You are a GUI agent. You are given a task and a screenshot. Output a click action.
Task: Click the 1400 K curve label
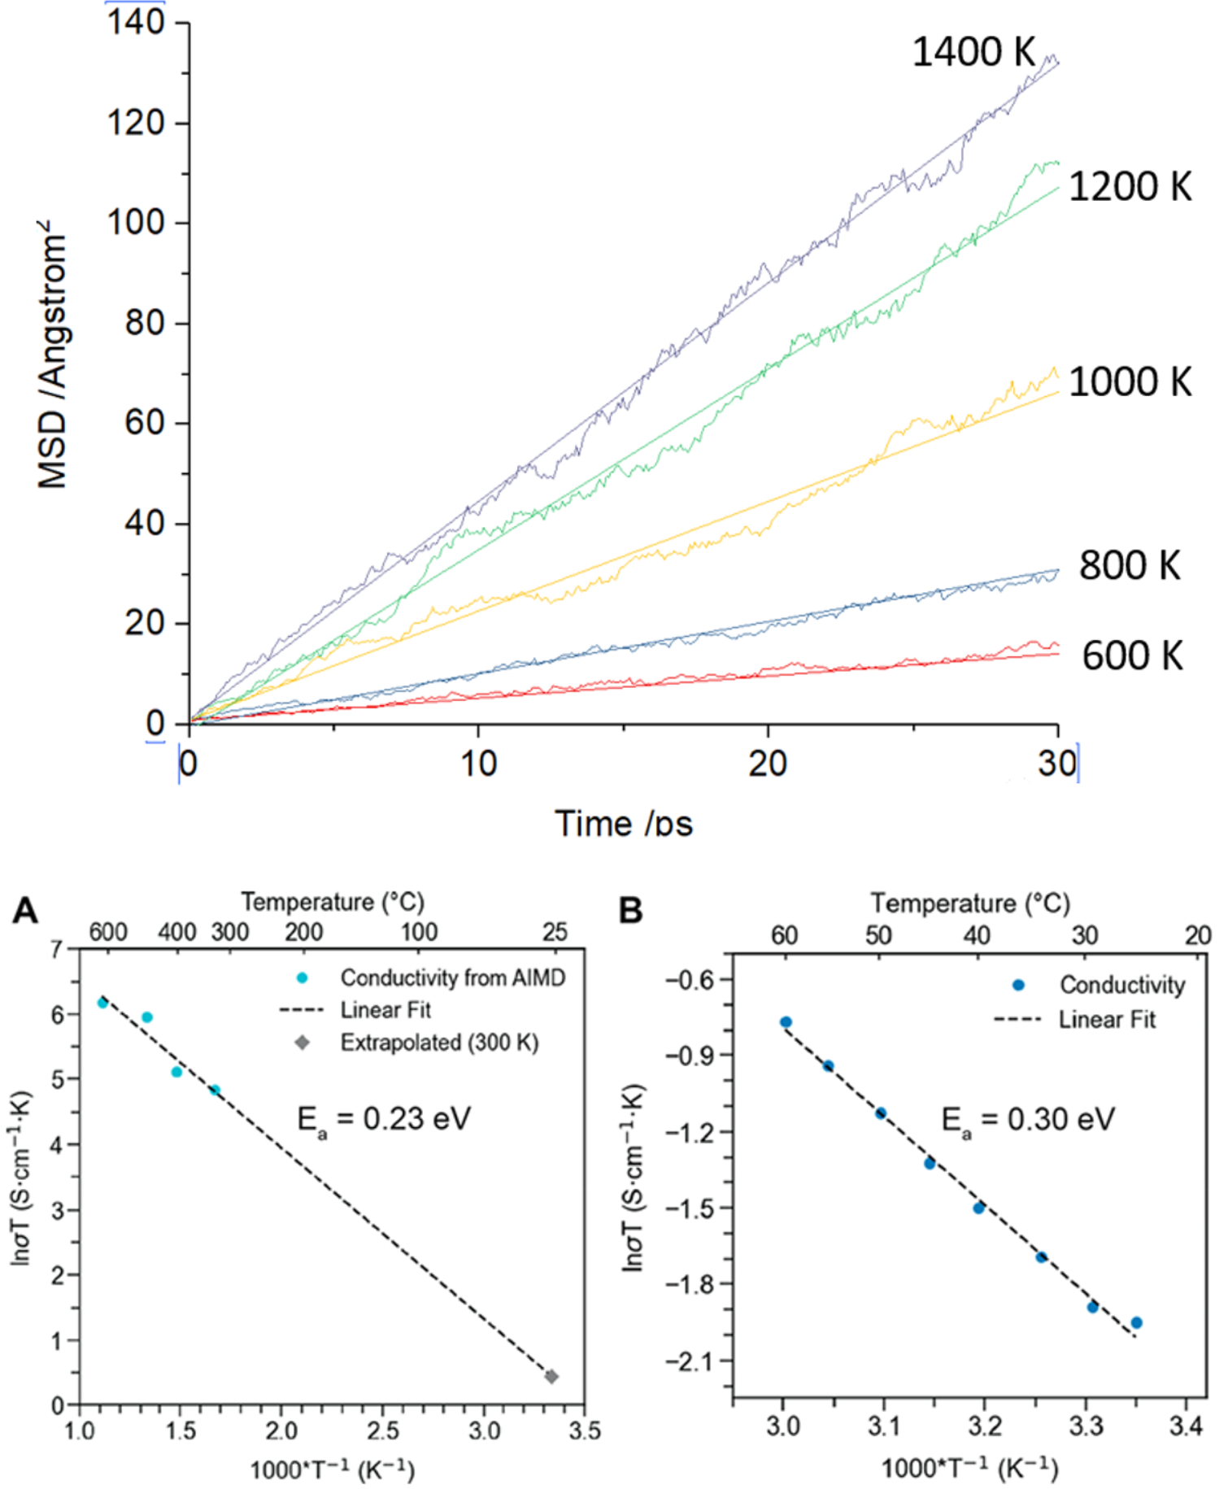973,53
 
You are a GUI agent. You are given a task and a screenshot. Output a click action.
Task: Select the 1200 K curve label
1129,187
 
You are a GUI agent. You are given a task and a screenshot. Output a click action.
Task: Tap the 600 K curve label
1131,655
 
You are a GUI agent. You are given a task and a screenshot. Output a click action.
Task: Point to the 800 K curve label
1129,565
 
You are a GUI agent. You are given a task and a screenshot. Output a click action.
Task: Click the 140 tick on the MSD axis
136,22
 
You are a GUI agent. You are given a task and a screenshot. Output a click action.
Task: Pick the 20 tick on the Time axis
767,764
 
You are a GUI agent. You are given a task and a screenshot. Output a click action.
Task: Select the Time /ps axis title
624,823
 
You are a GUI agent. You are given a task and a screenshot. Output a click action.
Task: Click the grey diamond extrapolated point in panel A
551,1376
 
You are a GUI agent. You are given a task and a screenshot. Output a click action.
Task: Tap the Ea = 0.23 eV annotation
384,1120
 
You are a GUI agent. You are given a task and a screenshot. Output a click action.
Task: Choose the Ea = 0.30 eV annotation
1028,1120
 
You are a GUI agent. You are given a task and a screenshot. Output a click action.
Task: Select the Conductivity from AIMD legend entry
451,977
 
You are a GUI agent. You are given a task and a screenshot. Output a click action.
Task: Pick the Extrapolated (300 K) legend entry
438,1043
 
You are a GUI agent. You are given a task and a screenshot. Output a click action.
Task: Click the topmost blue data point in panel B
786,1022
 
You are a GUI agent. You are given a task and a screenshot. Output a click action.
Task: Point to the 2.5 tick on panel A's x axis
382,1430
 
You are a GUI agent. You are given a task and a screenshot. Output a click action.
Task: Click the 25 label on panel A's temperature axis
555,932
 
